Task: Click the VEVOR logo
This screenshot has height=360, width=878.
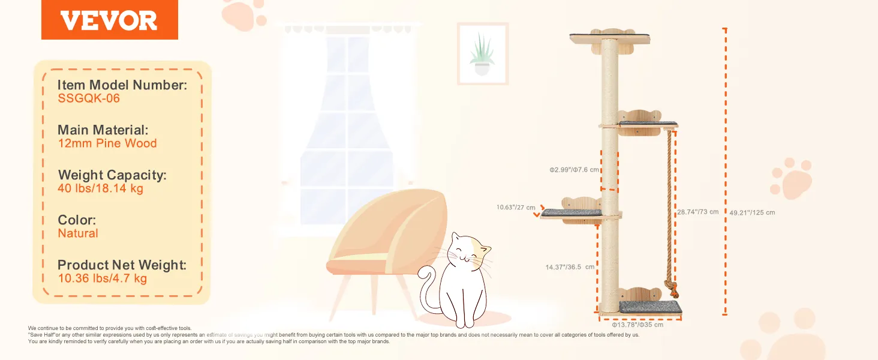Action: coord(109,20)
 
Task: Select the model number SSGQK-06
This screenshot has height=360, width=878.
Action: coord(89,98)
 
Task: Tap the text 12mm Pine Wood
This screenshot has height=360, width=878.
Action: coord(107,143)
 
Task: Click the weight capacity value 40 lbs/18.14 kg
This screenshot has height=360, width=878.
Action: coord(100,188)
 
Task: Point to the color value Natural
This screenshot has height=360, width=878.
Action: coord(77,233)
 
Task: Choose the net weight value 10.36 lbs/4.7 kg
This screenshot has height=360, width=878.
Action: coord(103,278)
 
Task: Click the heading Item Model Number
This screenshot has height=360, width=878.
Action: coord(122,85)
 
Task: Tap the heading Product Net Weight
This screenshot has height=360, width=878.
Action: coord(122,265)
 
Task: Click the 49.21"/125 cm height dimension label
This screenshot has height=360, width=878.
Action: coord(752,212)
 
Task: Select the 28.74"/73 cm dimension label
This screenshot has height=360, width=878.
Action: coord(697,212)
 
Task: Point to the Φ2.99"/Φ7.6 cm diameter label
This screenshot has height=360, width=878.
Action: coord(574,170)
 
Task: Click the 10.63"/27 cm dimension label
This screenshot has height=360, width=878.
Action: coord(516,207)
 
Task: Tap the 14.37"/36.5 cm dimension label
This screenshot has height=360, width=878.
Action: coord(570,267)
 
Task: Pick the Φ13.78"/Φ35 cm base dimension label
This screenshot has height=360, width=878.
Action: coord(638,325)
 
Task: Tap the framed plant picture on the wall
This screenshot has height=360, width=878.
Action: coord(483,54)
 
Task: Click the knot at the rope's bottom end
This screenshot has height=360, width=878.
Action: coord(672,288)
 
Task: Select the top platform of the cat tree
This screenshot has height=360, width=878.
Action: coord(609,38)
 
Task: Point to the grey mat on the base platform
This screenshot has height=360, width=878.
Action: coord(651,307)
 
